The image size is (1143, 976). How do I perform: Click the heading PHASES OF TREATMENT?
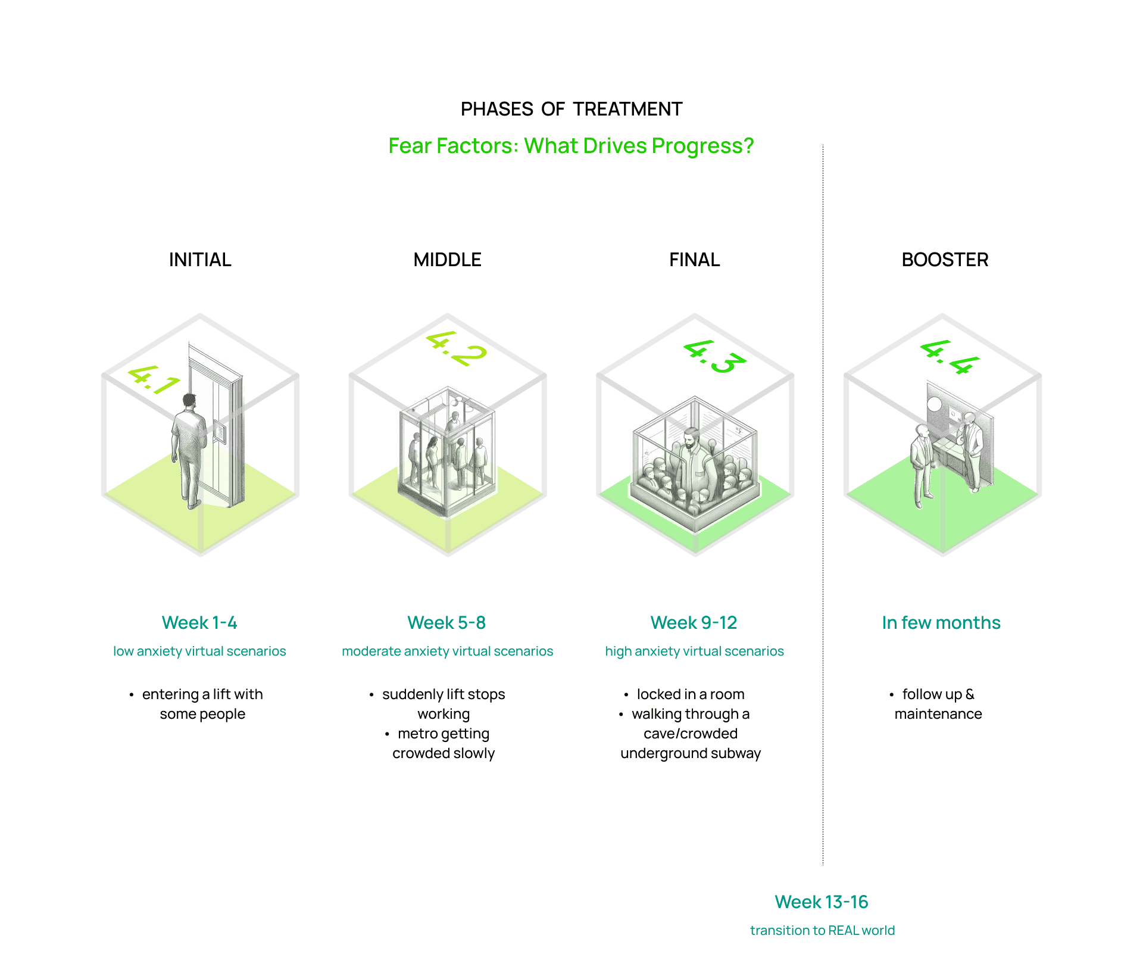coord(571,110)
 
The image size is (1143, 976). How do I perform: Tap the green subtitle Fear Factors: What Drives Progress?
coord(571,146)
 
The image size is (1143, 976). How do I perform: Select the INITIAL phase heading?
coord(200,260)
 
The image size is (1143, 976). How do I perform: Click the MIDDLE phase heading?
coord(447,260)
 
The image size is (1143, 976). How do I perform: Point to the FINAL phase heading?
coord(694,260)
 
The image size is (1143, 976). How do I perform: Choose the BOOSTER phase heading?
coord(945,260)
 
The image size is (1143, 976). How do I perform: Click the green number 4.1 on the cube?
coord(154,380)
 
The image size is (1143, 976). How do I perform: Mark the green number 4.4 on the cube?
coord(950,357)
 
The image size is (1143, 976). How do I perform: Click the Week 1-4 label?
coord(199,623)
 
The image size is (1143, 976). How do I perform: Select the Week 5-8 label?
coord(446,623)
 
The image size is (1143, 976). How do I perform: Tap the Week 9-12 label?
coord(694,623)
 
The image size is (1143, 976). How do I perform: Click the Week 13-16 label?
coord(822,902)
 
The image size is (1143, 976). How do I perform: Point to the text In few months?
coord(941,623)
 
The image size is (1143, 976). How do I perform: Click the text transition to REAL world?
coord(822,931)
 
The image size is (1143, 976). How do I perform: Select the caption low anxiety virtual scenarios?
coord(199,651)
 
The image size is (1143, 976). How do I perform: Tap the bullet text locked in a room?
coord(691,694)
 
